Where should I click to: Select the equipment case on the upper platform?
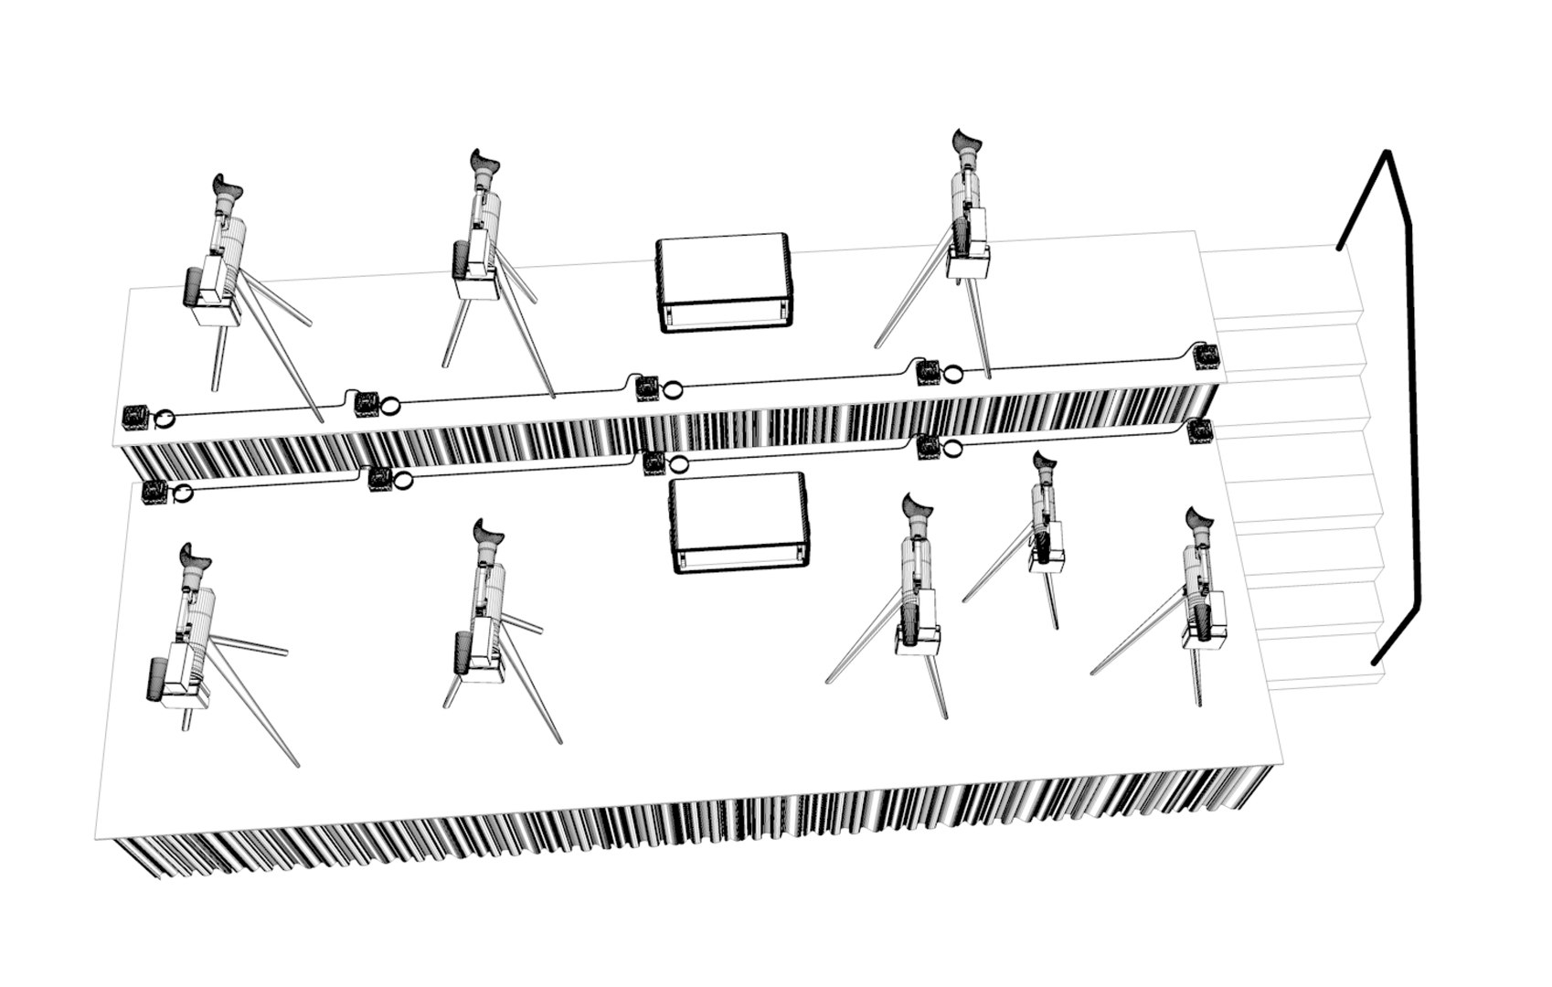coord(723,282)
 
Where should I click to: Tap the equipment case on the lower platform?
coord(739,523)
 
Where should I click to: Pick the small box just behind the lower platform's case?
coord(654,462)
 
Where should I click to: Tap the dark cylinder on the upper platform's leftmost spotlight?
coord(193,287)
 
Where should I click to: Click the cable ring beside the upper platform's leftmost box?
coord(165,418)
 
